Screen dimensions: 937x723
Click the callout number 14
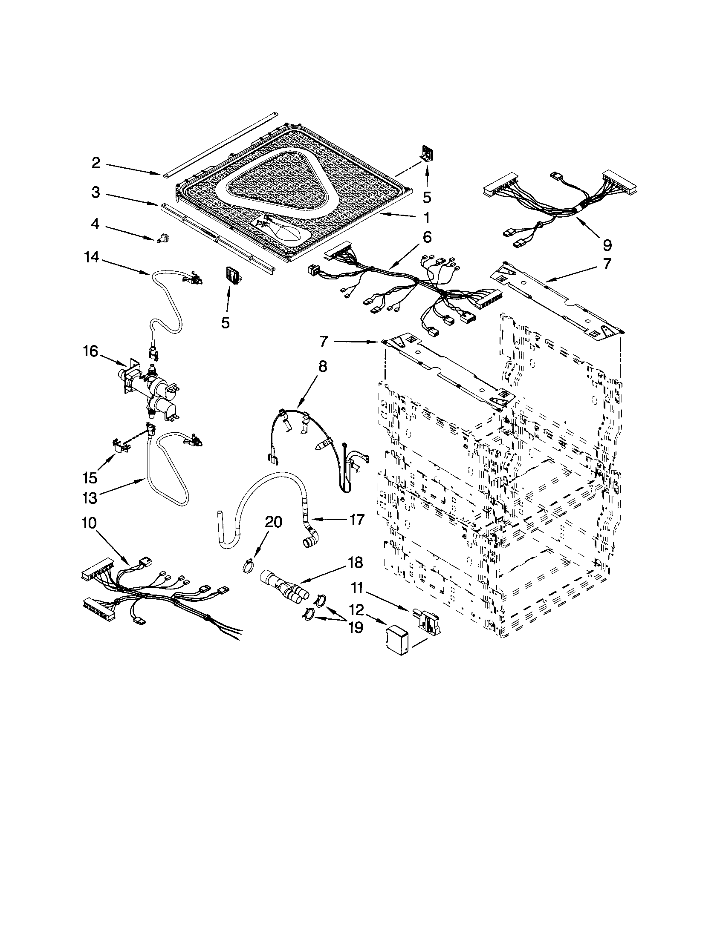pyautogui.click(x=92, y=257)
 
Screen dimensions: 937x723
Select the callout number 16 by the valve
pyautogui.click(x=91, y=352)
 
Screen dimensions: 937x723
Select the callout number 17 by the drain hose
pyautogui.click(x=357, y=520)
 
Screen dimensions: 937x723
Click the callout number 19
pyautogui.click(x=356, y=627)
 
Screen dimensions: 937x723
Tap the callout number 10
pyautogui.click(x=90, y=523)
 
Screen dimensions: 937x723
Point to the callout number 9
pyautogui.click(x=607, y=245)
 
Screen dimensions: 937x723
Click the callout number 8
pyautogui.click(x=322, y=366)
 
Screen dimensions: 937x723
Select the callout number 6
pyautogui.click(x=427, y=237)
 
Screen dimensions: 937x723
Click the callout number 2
pyautogui.click(x=96, y=163)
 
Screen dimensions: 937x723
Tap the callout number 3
pyautogui.click(x=96, y=193)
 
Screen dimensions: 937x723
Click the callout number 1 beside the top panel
pyautogui.click(x=426, y=218)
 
